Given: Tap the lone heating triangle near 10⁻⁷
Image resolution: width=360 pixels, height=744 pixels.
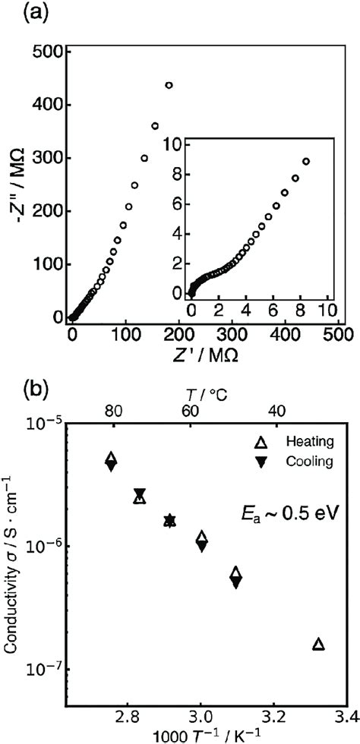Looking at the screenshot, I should click(318, 645).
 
